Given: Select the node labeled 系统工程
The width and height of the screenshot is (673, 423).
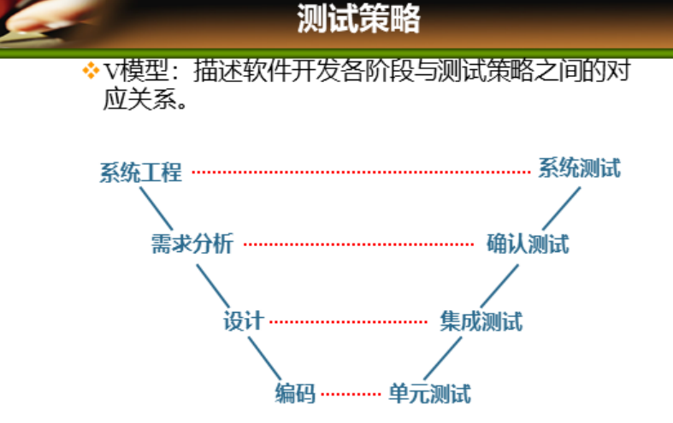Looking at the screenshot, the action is [141, 173].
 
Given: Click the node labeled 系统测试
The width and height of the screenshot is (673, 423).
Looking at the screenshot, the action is [579, 168].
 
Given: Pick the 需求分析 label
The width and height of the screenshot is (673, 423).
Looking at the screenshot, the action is [192, 244].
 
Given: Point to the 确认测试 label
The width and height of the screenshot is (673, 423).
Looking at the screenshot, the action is [528, 244].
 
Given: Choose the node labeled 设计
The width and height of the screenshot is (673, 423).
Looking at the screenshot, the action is [244, 321].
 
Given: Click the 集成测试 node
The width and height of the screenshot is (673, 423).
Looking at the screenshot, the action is [481, 321].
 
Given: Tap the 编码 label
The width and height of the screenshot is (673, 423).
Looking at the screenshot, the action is [295, 394].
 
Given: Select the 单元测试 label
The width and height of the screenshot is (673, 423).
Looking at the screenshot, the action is [429, 394].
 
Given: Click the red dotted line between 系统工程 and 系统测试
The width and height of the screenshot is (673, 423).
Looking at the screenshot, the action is [361, 172].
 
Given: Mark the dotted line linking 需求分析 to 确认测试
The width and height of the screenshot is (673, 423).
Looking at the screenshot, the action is [359, 245].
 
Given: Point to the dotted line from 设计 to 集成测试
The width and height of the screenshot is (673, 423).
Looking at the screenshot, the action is [348, 322].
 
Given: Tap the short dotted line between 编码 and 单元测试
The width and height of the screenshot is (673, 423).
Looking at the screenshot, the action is [351, 395].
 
